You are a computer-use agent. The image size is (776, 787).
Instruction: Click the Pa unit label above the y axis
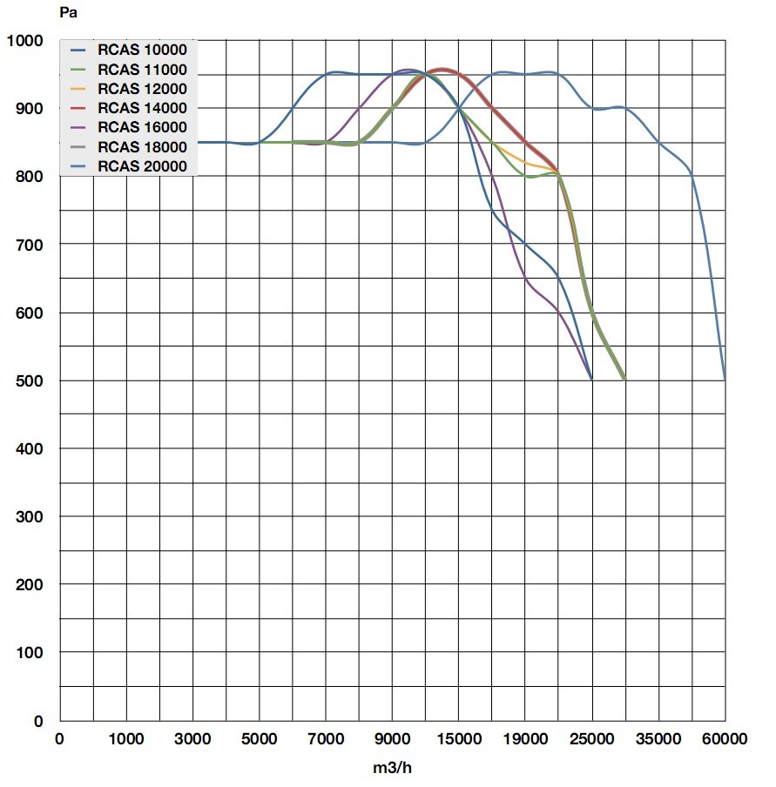[69, 13]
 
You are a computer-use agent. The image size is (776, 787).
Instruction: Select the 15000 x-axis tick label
[459, 739]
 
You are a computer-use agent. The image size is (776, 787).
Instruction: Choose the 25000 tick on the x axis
[592, 739]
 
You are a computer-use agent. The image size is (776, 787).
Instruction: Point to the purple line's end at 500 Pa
[591, 380]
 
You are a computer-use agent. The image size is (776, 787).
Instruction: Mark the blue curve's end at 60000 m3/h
[725, 380]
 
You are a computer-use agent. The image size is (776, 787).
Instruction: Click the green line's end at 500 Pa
[624, 380]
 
